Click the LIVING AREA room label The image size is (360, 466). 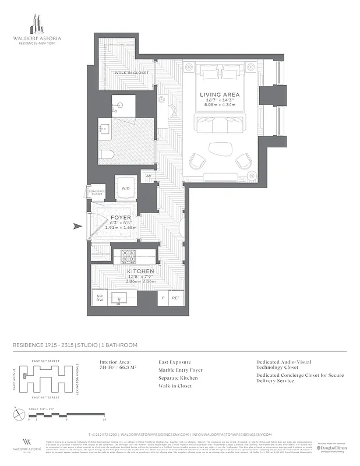[220, 94]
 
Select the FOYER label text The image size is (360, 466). [121, 217]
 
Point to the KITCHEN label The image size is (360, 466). [140, 271]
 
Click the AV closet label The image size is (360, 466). [149, 176]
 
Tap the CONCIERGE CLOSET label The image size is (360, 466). [96, 192]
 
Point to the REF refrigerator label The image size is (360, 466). [175, 297]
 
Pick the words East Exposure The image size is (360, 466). [174, 362]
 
